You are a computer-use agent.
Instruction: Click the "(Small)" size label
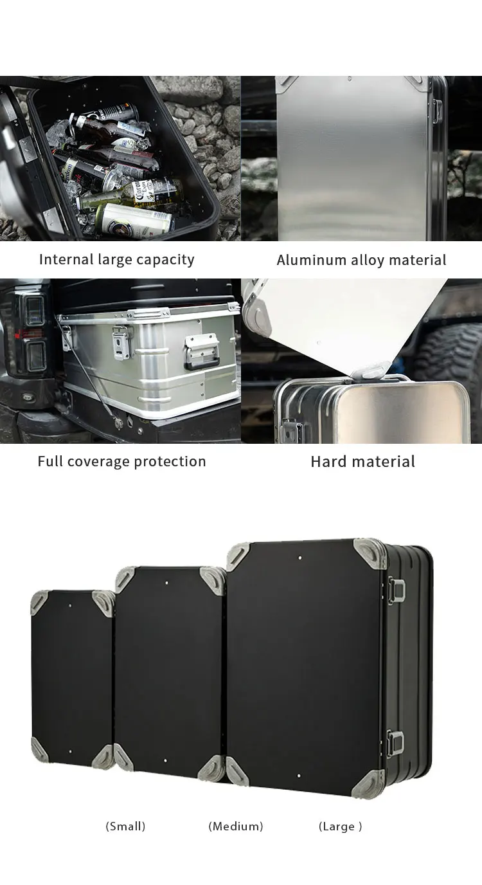click(125, 826)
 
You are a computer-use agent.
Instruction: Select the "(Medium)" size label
click(236, 826)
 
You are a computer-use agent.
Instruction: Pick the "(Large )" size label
click(340, 826)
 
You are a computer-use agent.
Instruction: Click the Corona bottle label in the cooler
click(152, 190)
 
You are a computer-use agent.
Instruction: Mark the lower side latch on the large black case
click(395, 744)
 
